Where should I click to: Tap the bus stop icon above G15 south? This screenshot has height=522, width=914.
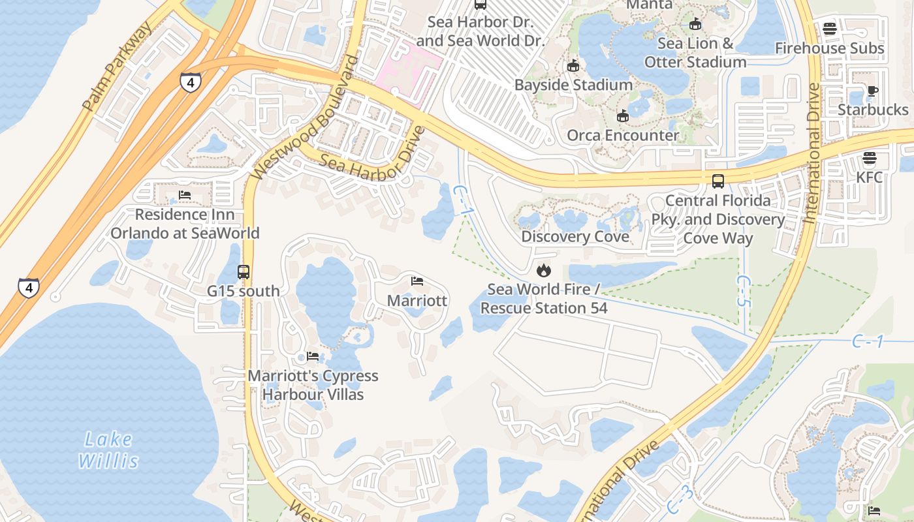[244, 271]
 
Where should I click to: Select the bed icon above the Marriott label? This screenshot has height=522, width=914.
[417, 281]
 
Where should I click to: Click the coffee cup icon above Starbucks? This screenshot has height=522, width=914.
[873, 91]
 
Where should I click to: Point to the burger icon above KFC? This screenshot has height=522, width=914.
[869, 158]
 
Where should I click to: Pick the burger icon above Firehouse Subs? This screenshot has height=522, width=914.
[829, 29]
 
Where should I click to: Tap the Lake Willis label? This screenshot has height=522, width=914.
[108, 450]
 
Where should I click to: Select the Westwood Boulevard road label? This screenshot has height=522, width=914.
[306, 117]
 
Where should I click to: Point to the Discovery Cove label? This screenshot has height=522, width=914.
[575, 236]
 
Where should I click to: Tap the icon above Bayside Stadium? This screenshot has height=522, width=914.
[573, 66]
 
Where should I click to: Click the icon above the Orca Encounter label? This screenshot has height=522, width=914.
[623, 116]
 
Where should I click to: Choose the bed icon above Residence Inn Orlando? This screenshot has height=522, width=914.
[185, 195]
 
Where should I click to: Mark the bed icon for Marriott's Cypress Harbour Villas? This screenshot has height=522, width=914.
[313, 356]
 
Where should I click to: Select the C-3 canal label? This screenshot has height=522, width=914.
[680, 500]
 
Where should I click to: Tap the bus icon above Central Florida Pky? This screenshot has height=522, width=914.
[718, 181]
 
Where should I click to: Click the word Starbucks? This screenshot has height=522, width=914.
[873, 110]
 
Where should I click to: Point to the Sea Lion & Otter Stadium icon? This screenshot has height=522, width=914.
[695, 24]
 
